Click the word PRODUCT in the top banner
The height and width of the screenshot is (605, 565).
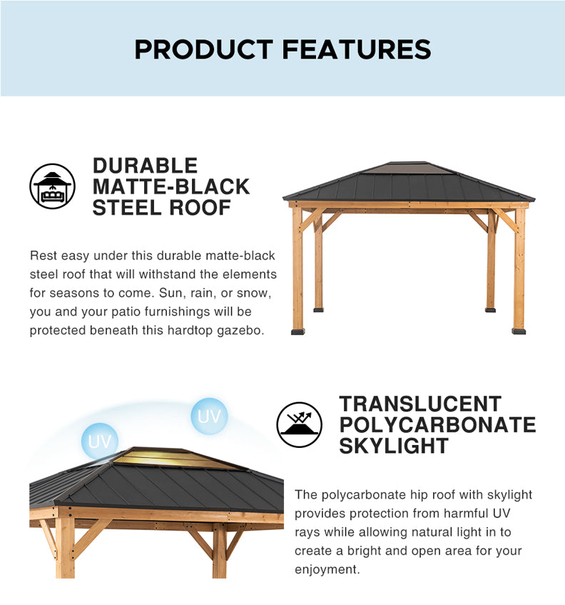coord(204,49)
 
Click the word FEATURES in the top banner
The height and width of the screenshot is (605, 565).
coord(357,49)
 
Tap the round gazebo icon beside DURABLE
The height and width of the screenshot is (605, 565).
coord(52,186)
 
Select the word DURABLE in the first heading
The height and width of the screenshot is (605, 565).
coord(146,166)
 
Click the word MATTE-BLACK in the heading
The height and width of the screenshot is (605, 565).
coord(171,186)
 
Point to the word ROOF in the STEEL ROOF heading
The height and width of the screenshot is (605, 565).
coord(200,208)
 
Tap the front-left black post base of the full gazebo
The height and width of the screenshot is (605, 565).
coord(298,331)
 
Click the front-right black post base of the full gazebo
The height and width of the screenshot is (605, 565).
coord(519,331)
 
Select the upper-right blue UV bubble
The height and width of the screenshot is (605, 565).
coord(209,416)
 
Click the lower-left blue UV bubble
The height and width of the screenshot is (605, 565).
coord(100,441)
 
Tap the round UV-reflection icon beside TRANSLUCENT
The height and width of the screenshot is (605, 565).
coord(299,425)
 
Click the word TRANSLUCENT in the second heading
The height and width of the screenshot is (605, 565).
coord(420,404)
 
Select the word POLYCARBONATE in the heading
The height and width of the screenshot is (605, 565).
coord(438,425)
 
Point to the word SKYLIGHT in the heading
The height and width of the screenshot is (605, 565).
coord(394,446)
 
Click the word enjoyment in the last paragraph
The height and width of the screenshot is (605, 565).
coord(326,570)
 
